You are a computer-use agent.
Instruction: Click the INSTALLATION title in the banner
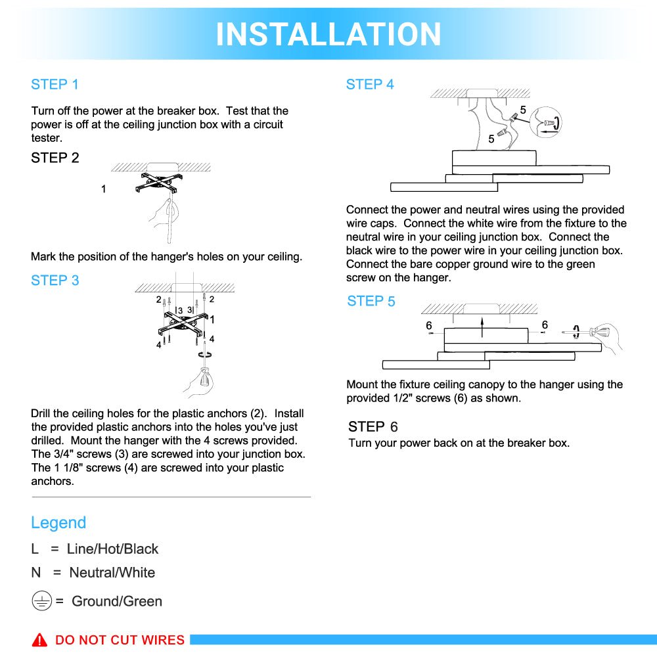click(328, 34)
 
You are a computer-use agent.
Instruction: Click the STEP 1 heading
click(55, 84)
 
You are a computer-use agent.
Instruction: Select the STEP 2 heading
click(55, 158)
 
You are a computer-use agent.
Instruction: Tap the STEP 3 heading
click(55, 281)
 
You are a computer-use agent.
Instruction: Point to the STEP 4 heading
click(370, 84)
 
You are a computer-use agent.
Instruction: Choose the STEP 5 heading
click(371, 301)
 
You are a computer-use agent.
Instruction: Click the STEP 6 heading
click(373, 427)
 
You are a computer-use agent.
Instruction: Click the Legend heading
click(58, 523)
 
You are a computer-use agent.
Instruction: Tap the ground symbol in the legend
click(41, 601)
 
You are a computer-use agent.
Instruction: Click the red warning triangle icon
click(40, 639)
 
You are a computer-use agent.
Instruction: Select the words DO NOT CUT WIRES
click(120, 640)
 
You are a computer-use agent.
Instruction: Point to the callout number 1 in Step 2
click(103, 189)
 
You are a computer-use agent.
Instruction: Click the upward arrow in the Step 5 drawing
click(482, 322)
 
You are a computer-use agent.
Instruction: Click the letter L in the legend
click(35, 549)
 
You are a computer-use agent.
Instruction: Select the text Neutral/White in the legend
click(112, 573)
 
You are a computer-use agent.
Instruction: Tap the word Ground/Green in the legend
click(117, 601)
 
